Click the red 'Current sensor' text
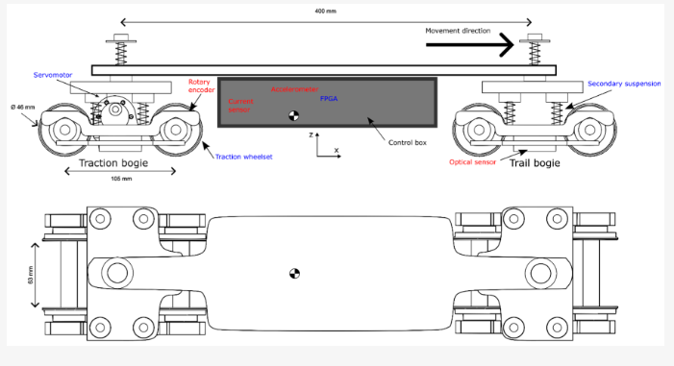(239, 105)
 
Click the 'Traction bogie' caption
(119, 163)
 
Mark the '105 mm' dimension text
(119, 180)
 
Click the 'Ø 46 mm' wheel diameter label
(24, 107)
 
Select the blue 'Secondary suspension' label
(624, 84)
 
